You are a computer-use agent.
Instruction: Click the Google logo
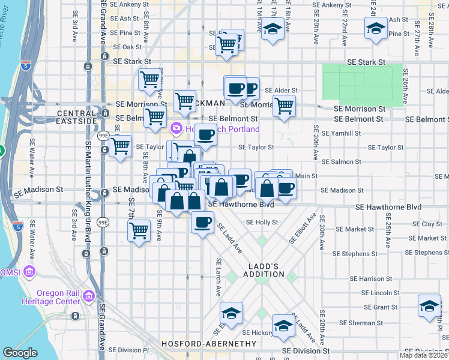[x=20, y=353]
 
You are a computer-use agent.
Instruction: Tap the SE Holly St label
[x=262, y=222]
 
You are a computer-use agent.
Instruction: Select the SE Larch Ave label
[x=218, y=278]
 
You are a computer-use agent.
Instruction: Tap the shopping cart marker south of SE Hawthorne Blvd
[x=139, y=230]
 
